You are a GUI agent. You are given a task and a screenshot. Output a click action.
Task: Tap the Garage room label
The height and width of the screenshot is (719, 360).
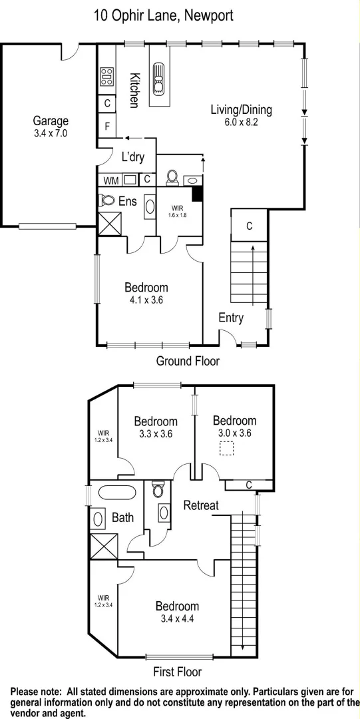pos(51,121)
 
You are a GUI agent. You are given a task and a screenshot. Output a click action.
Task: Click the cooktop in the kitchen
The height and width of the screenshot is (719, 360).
pos(107,79)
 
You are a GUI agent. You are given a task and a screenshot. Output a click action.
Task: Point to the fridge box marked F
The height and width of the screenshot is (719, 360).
pos(107,126)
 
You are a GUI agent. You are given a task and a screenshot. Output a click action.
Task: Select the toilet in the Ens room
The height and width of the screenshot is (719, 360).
pos(106,200)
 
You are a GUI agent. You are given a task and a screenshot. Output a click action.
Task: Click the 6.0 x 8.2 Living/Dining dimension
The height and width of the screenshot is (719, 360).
pos(241,122)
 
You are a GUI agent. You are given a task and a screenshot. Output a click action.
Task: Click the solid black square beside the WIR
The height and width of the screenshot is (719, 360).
pos(197,194)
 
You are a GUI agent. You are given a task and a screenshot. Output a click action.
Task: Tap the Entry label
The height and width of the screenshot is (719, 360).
pos(231,318)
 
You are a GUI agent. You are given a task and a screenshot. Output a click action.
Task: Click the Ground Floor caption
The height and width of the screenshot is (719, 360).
pos(188,361)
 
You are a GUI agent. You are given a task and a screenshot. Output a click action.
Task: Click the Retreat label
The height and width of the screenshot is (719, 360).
pos(201,505)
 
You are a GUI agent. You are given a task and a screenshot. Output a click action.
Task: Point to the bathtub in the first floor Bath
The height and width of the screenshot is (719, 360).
pos(117,493)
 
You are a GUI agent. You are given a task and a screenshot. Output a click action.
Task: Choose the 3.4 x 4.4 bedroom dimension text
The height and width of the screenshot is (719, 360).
pos(177,619)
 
